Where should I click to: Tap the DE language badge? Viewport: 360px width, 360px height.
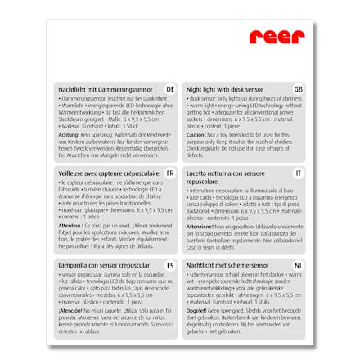(170, 88)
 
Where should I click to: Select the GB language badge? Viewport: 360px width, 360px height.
(298, 88)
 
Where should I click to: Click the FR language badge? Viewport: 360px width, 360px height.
(170, 173)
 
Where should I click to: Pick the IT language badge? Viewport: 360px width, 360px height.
(298, 173)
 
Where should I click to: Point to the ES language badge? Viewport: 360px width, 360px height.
(170, 266)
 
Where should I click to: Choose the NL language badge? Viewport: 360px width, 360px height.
(298, 266)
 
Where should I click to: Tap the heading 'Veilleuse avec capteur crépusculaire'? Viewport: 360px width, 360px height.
(105, 173)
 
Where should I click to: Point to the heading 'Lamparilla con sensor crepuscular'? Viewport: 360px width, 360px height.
(103, 266)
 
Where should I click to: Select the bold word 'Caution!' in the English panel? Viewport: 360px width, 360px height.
(196, 134)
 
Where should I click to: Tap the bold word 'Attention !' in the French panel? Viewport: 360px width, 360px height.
(70, 225)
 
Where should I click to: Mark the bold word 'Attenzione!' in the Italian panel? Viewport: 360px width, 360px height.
(200, 225)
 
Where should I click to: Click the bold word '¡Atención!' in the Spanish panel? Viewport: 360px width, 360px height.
(70, 311)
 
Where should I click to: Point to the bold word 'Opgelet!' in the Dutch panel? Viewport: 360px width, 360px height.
(196, 311)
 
